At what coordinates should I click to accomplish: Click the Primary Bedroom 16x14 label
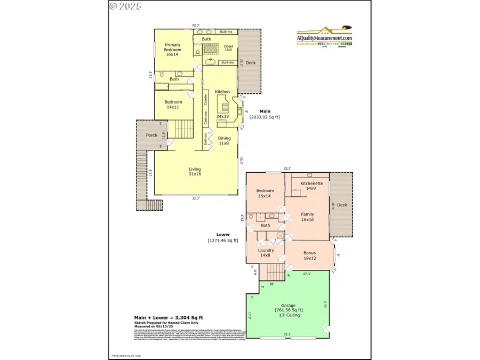[172, 50]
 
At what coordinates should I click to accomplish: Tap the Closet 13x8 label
[228, 48]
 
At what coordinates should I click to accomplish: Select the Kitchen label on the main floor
[222, 92]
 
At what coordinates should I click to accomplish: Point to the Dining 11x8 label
[224, 140]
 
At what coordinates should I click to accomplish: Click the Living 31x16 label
[195, 172]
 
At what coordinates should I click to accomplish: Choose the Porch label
[151, 135]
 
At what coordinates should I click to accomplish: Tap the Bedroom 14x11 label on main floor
[173, 105]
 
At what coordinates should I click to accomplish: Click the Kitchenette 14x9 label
[311, 186]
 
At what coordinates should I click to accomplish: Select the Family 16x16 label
[307, 217]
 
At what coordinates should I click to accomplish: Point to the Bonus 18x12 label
[309, 255]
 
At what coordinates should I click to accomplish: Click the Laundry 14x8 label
[266, 253]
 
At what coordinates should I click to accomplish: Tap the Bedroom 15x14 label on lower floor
[265, 193]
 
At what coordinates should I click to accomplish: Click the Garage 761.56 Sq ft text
[289, 309]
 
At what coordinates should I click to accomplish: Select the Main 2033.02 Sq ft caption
[265, 114]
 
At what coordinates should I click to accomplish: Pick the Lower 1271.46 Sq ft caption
[223, 237]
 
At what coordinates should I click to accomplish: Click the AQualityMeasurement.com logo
[324, 37]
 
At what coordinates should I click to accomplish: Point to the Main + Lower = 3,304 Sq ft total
[168, 318]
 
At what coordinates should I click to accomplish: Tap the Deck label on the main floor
[251, 63]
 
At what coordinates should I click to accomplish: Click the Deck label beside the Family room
[342, 205]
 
